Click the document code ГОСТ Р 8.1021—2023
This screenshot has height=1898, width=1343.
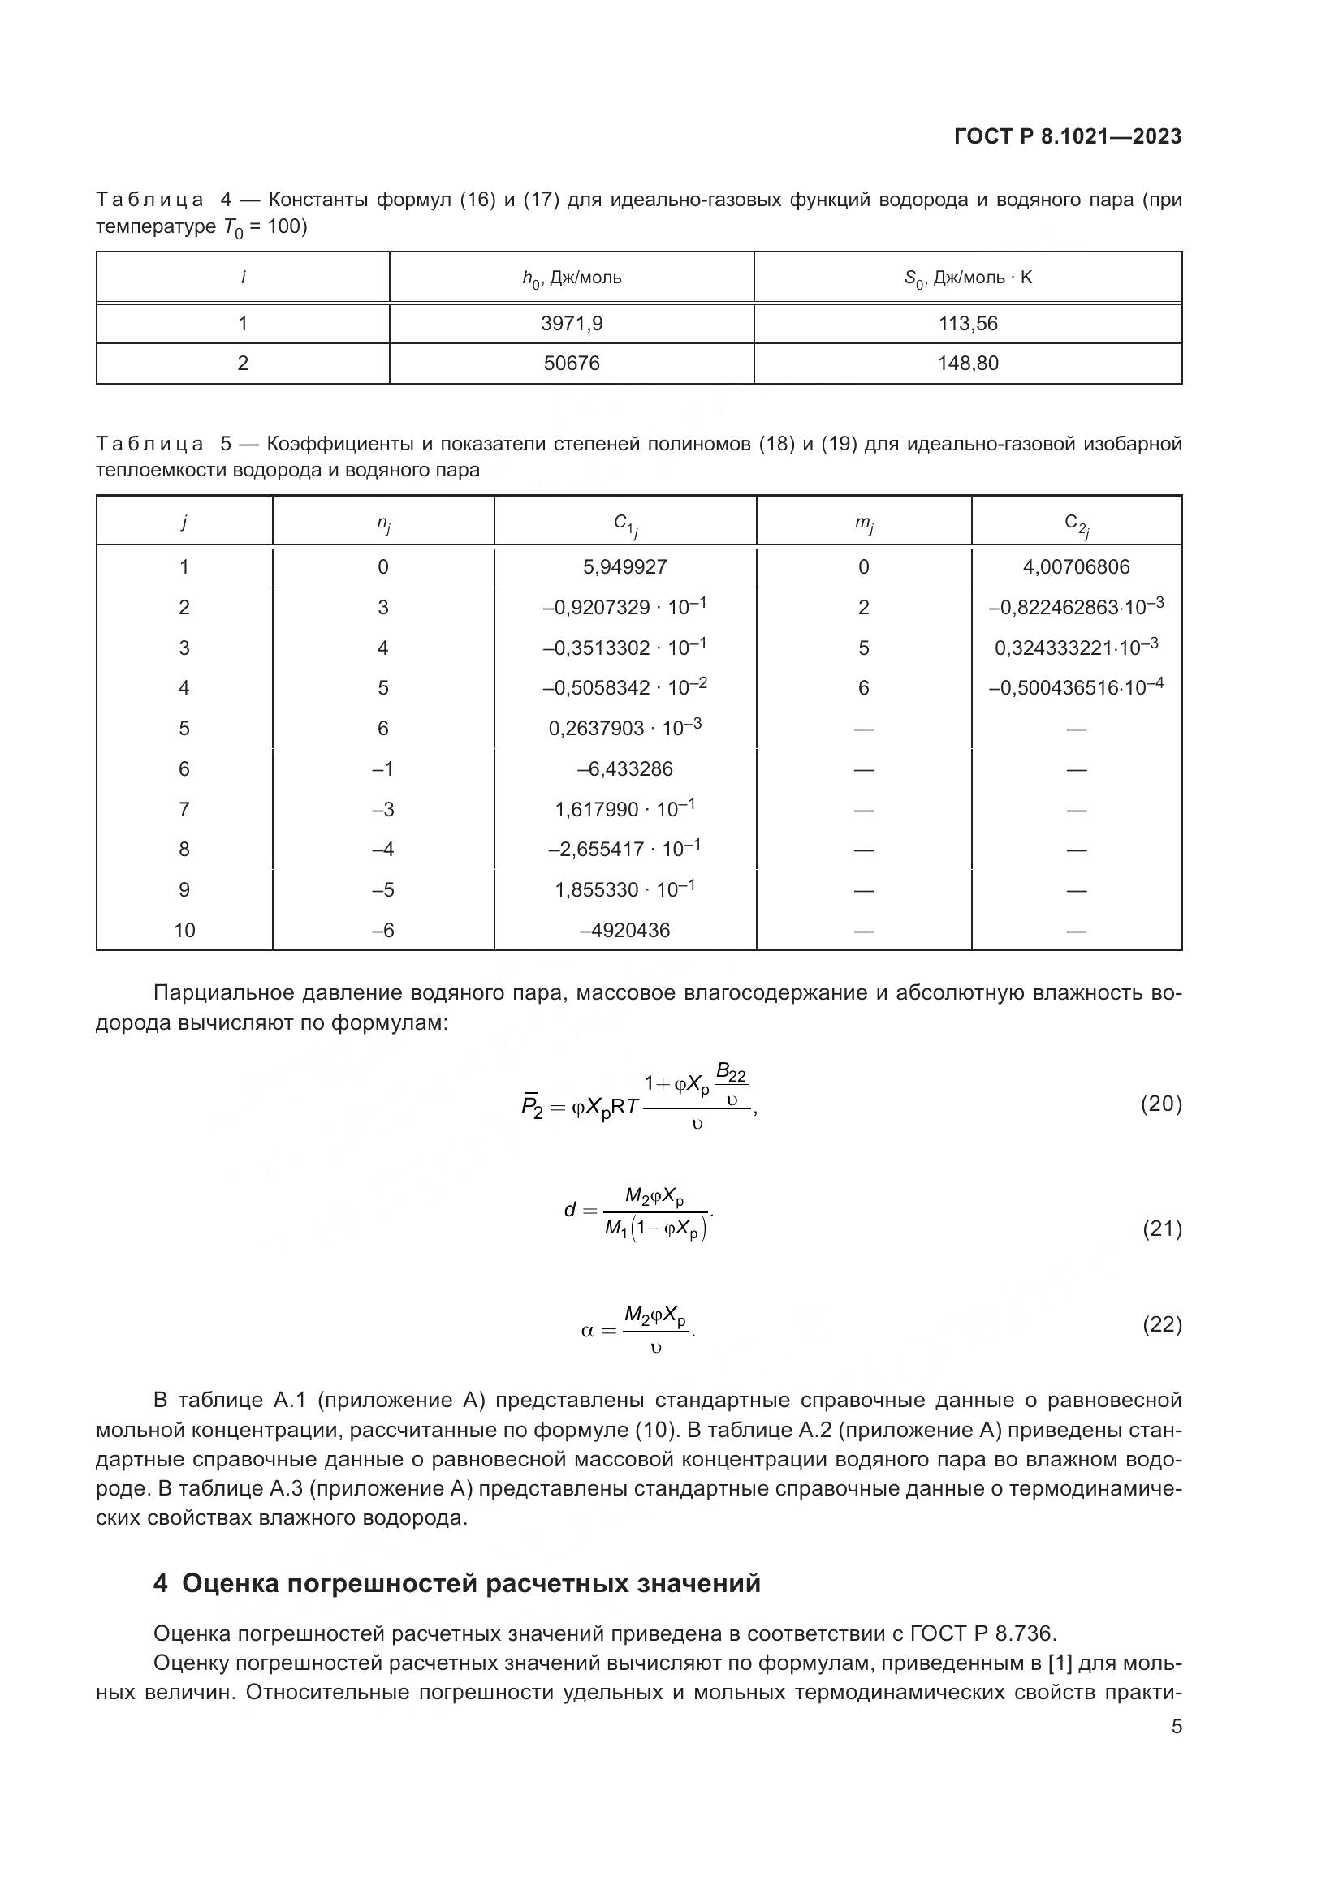click(x=1068, y=136)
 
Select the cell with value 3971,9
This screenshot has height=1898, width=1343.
click(x=572, y=323)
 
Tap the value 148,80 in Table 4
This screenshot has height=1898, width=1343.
click(x=968, y=363)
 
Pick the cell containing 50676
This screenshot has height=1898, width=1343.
click(x=572, y=363)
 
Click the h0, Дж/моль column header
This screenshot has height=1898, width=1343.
click(x=572, y=278)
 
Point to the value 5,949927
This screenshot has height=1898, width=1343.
click(x=624, y=566)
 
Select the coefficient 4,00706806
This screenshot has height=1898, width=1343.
click(x=1076, y=566)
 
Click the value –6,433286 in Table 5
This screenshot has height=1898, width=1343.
click(x=624, y=768)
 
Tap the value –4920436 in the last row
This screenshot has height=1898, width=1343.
click(x=624, y=930)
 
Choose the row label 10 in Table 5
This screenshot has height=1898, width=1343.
click(x=184, y=930)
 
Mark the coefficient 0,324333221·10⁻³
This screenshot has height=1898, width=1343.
click(x=1076, y=647)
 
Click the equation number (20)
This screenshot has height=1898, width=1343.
click(x=1161, y=1103)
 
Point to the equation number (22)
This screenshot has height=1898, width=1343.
click(x=1162, y=1324)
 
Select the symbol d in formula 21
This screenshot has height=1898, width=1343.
click(x=570, y=1210)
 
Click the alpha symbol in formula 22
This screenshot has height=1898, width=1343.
click(x=588, y=1331)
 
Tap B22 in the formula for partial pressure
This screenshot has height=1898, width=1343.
click(x=731, y=1073)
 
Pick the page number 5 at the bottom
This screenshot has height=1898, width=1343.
click(x=1177, y=1726)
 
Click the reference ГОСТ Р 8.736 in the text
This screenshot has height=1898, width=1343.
click(x=982, y=1633)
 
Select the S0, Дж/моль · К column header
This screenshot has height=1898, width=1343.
click(x=968, y=278)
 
